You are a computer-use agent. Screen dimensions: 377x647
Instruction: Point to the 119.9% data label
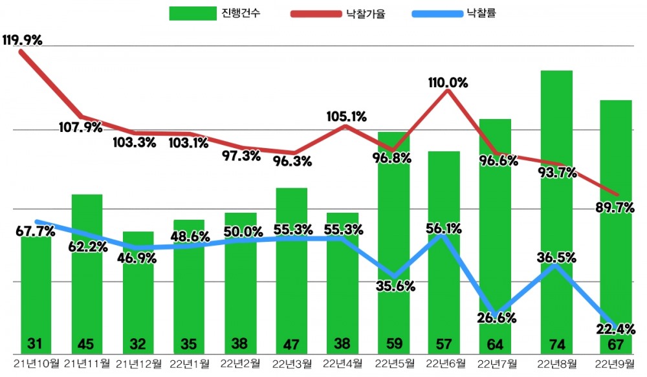[23, 40]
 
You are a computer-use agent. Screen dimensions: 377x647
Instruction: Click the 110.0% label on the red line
[447, 82]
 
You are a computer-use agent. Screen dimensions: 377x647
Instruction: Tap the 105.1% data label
[345, 116]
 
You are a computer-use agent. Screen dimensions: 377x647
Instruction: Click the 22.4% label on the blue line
[615, 329]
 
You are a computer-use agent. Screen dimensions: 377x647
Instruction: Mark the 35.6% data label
[393, 286]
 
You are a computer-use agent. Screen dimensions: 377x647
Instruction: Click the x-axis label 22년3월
[291, 364]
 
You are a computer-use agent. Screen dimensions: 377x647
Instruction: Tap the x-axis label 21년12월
[138, 364]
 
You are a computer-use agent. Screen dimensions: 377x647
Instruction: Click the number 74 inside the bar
[556, 343]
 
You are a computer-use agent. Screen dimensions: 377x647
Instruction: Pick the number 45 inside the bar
[87, 343]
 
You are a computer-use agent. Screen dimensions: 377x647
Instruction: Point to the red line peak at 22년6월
[447, 91]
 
